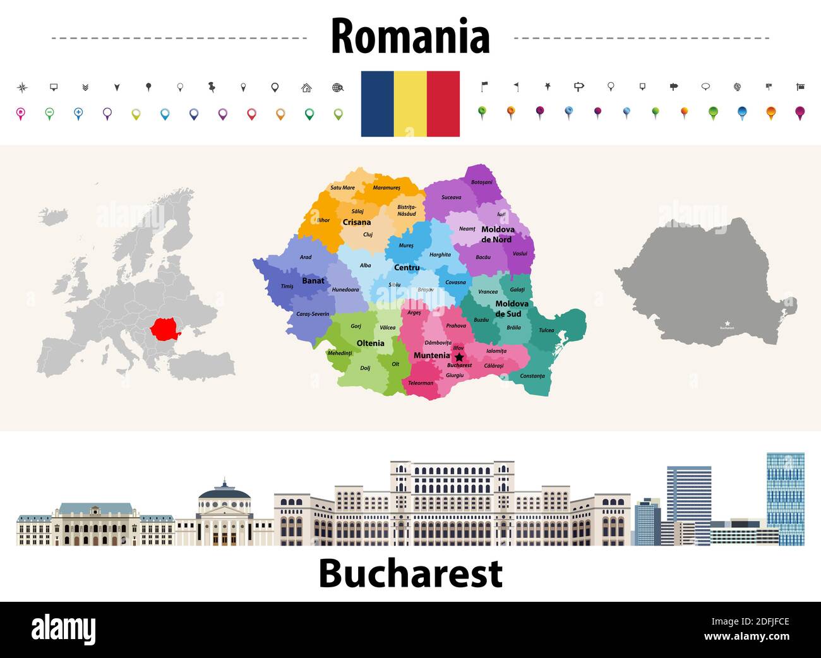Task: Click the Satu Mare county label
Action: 342,188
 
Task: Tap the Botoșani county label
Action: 481,182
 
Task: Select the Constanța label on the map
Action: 532,376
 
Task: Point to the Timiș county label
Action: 287,286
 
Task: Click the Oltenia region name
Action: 370,344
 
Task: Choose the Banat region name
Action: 313,280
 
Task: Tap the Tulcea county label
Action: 546,330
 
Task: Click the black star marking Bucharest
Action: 459,357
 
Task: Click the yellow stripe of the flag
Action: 410,104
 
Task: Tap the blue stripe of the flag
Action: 378,104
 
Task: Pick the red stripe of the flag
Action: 443,104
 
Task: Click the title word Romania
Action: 410,37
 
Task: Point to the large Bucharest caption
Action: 410,573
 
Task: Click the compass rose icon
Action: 22,87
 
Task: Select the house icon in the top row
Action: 306,88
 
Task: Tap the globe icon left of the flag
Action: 338,88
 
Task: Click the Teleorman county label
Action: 421,383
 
